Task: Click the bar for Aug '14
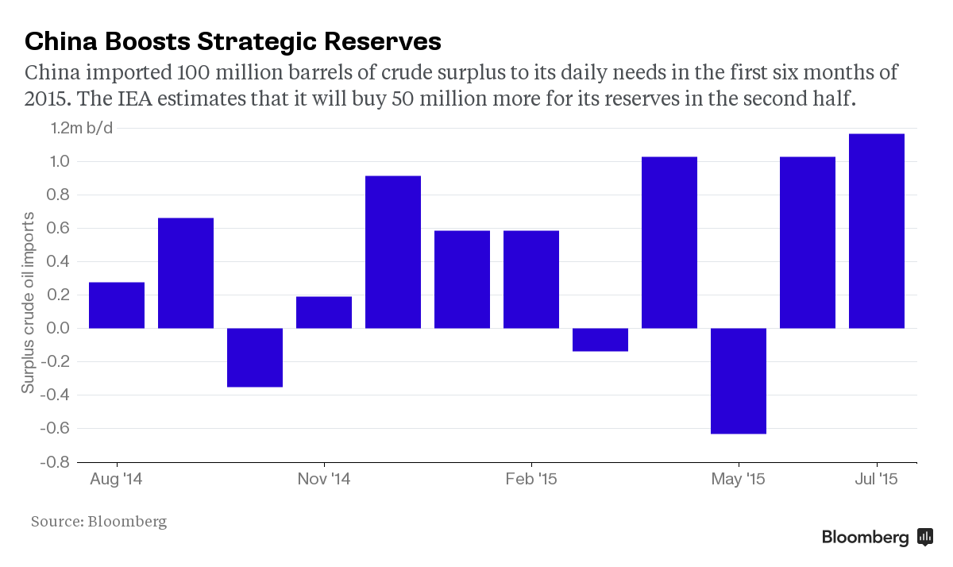click(117, 305)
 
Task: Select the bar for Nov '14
click(324, 312)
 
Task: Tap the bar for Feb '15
click(531, 279)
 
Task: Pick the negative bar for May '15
click(739, 380)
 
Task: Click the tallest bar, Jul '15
click(877, 230)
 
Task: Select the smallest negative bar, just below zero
click(600, 339)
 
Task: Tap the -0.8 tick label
click(55, 461)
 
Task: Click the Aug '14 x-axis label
click(117, 480)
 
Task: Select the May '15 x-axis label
click(738, 480)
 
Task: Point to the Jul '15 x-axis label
click(877, 480)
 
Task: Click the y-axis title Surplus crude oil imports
click(29, 303)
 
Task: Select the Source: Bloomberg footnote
click(98, 522)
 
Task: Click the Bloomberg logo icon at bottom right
click(925, 537)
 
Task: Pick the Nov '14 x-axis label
click(324, 480)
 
